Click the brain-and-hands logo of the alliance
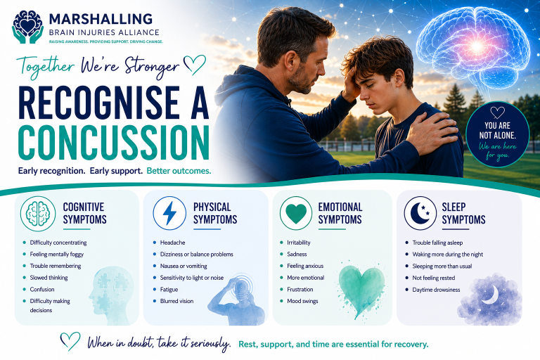[x=28, y=27]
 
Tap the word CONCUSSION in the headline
[x=114, y=143]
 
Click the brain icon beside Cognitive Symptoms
[x=38, y=214]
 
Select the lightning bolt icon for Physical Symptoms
[x=169, y=213]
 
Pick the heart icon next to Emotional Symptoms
[x=296, y=213]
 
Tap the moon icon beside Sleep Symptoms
[x=420, y=213]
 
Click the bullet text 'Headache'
[x=172, y=243]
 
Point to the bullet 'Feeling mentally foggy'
[x=57, y=255]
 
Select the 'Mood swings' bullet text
[x=303, y=301]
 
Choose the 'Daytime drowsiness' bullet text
[x=437, y=290]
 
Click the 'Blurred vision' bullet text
[x=176, y=301]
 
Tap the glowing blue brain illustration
[x=473, y=49]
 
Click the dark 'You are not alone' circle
[x=497, y=134]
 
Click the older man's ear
[x=288, y=60]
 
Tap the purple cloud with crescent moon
[x=489, y=299]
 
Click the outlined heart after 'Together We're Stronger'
[x=195, y=64]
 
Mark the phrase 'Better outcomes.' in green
[x=179, y=171]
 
